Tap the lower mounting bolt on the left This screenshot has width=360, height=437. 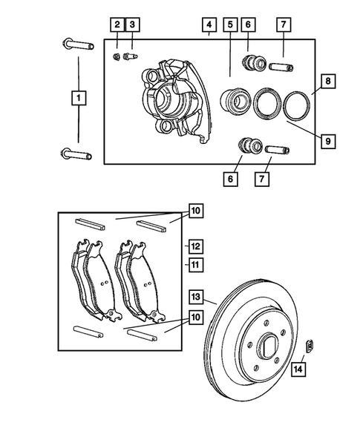click(76, 154)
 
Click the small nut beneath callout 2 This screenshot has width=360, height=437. click(117, 56)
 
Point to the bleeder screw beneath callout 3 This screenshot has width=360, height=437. click(132, 55)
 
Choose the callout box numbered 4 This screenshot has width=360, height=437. click(209, 25)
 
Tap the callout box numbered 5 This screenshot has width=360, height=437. click(231, 25)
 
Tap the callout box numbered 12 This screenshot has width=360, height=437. click(194, 245)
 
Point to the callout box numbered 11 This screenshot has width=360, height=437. click(194, 263)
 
